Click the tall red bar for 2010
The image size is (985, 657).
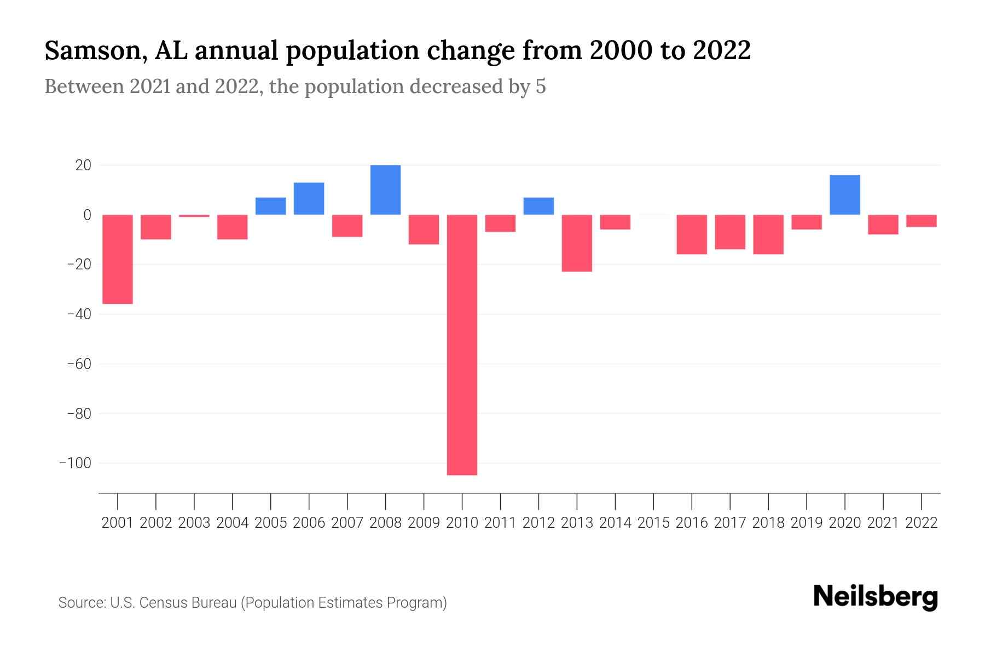(462, 345)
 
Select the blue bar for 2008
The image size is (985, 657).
(385, 189)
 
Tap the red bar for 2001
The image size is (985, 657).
(118, 259)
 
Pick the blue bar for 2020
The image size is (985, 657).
(844, 195)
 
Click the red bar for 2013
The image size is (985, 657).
(577, 243)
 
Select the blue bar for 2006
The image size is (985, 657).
(309, 198)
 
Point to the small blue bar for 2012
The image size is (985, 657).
(538, 206)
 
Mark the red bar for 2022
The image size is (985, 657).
(921, 221)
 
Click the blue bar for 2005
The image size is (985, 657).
(270, 206)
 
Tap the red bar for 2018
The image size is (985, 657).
(768, 234)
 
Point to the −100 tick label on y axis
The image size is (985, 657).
(75, 463)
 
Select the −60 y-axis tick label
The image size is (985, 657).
(79, 364)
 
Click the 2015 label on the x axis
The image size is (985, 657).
(653, 523)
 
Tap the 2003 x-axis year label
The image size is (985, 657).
(194, 523)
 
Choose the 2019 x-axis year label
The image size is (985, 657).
(806, 523)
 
